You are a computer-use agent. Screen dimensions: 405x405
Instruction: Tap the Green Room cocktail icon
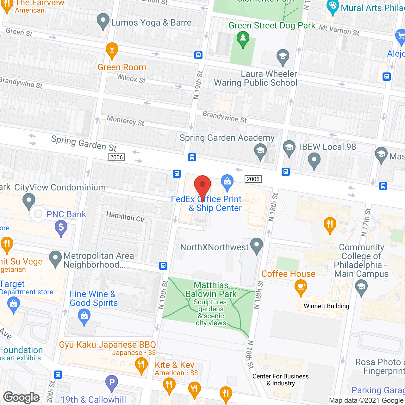pyautogui.click(x=112, y=50)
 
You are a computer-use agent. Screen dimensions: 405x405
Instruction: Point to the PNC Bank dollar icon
pyautogui.click(x=61, y=227)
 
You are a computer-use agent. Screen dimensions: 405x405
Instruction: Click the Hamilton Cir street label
pyautogui.click(x=125, y=217)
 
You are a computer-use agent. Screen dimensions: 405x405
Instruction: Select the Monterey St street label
pyautogui.click(x=126, y=121)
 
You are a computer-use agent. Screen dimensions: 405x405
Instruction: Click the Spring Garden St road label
pyautogui.click(x=84, y=143)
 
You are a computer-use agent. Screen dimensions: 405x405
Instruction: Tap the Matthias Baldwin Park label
pyautogui.click(x=211, y=290)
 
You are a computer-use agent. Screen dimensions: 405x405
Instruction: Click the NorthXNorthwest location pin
pyautogui.click(x=257, y=245)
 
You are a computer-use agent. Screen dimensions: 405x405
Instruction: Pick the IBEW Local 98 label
pyautogui.click(x=328, y=147)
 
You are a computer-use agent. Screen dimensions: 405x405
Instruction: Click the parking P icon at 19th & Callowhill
pyautogui.click(x=111, y=383)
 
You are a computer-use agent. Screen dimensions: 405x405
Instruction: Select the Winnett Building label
pyautogui.click(x=326, y=306)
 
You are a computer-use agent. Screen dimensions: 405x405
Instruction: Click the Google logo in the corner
pyautogui.click(x=22, y=397)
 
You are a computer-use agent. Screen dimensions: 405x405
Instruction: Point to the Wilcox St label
pyautogui.click(x=131, y=78)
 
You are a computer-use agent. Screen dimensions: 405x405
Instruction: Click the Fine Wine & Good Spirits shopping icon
pyautogui.click(x=84, y=316)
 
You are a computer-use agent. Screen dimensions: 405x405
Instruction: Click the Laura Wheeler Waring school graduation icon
pyautogui.click(x=283, y=56)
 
